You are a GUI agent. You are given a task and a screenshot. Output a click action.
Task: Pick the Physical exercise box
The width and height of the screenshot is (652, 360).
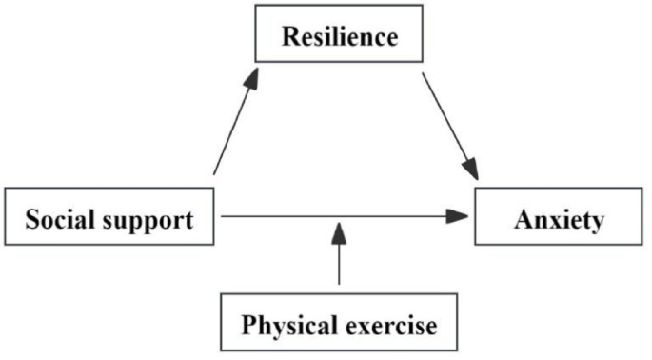coord(340,325)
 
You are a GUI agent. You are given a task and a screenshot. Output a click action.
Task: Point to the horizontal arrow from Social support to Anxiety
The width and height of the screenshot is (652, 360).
coord(343,217)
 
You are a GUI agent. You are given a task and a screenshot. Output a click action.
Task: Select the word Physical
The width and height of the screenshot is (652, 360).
coord(283,326)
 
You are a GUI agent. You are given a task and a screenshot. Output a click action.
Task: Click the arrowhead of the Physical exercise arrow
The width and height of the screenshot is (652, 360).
coord(340,231)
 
